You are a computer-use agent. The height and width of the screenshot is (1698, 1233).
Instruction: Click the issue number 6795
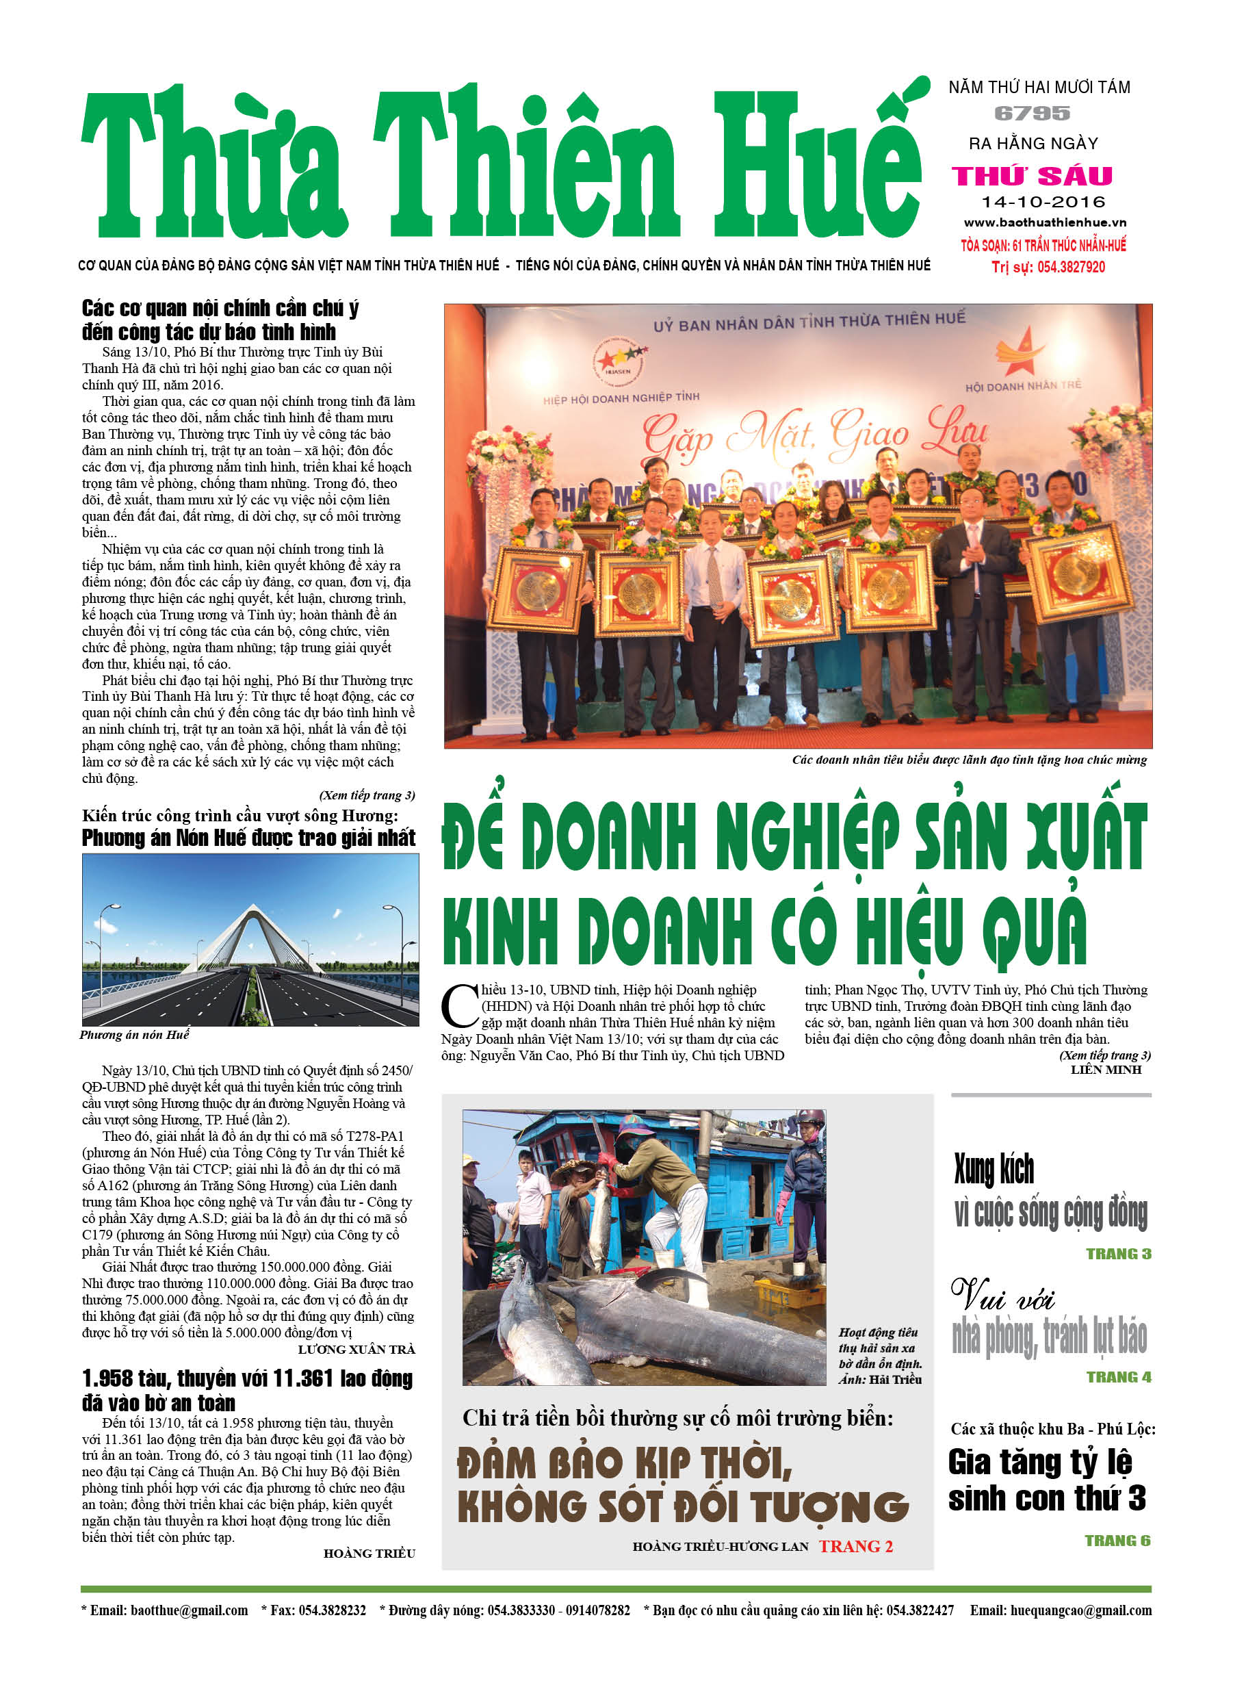click(x=1032, y=114)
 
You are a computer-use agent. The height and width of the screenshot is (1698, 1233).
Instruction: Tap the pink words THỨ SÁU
click(x=1032, y=177)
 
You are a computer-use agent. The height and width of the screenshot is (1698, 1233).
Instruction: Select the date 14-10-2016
click(x=1043, y=202)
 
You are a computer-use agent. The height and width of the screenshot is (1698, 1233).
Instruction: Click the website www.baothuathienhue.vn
click(x=1044, y=223)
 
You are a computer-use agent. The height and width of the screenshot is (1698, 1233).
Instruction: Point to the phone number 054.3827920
click(x=1071, y=268)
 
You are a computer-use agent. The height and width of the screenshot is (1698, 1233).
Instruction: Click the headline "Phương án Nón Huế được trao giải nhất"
click(x=248, y=838)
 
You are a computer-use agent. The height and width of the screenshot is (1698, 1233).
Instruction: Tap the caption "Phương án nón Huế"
click(x=135, y=1035)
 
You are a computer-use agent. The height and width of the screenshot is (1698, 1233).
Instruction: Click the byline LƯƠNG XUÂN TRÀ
click(x=356, y=1349)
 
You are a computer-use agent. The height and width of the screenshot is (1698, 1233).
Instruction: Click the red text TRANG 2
click(x=856, y=1546)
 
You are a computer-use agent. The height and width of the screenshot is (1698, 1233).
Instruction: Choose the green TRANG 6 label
click(x=1117, y=1540)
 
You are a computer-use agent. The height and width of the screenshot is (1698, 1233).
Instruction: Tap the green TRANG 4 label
click(x=1119, y=1377)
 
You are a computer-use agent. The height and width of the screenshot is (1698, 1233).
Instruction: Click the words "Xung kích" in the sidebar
click(x=994, y=1170)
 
